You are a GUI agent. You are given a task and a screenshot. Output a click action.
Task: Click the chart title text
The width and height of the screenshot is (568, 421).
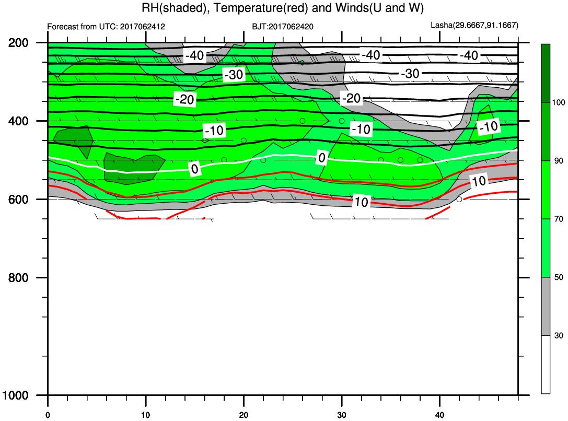(x=283, y=8)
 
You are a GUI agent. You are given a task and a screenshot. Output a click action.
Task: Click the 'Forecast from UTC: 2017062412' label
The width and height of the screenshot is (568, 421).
(x=106, y=27)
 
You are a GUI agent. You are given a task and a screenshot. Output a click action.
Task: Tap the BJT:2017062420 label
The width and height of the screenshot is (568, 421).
(x=283, y=27)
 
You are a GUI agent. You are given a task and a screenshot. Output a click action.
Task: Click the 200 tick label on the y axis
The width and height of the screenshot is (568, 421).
(x=18, y=43)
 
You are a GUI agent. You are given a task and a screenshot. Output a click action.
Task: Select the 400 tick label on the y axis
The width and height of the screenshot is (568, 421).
(x=18, y=121)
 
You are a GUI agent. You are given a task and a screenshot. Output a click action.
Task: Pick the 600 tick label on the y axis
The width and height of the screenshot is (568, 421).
(x=18, y=200)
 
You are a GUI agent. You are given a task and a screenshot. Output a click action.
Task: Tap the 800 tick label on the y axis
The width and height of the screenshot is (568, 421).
(x=18, y=278)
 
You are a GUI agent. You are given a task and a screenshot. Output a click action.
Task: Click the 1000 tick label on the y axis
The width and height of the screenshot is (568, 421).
(x=16, y=395)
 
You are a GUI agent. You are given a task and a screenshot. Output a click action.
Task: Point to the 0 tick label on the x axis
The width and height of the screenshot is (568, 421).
(x=48, y=415)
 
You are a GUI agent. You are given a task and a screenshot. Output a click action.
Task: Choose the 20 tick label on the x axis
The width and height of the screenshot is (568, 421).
(x=244, y=415)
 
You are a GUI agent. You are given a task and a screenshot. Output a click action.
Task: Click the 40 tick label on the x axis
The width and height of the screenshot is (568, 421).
(x=440, y=415)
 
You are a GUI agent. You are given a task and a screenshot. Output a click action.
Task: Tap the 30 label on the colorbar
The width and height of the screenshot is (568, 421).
(x=559, y=335)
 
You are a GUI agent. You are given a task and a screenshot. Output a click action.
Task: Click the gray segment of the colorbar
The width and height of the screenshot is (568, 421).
(x=546, y=306)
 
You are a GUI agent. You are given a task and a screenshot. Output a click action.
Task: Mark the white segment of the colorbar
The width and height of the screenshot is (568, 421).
(x=546, y=364)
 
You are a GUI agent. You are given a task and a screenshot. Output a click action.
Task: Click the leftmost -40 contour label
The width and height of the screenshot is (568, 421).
(x=195, y=56)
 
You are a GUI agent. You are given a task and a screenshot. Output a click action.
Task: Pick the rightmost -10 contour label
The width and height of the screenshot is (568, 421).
(x=489, y=127)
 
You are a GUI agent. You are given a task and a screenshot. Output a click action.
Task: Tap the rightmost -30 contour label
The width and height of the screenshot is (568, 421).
(x=410, y=74)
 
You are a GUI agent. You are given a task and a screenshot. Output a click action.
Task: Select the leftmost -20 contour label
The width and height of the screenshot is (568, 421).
(x=185, y=99)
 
